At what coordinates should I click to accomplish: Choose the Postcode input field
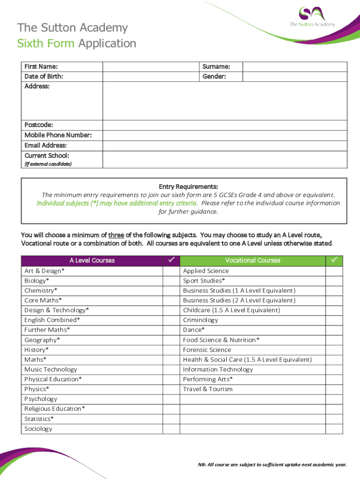click(225, 125)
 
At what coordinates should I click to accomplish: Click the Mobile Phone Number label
click(58, 135)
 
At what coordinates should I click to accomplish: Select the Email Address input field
click(225, 145)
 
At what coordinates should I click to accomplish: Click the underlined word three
click(116, 235)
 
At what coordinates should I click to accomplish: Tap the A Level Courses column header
click(92, 261)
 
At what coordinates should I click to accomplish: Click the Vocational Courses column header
click(252, 261)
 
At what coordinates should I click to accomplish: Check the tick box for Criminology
click(334, 320)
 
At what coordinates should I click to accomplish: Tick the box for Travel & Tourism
click(334, 389)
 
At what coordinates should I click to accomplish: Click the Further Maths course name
click(47, 330)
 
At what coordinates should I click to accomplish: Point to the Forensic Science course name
click(207, 350)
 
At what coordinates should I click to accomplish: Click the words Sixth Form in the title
click(46, 44)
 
